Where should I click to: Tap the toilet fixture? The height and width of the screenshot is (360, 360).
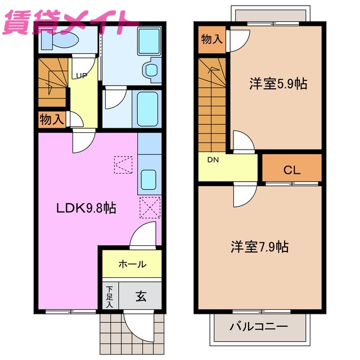[x=62, y=40]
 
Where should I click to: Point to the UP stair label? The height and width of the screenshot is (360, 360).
[x=81, y=75]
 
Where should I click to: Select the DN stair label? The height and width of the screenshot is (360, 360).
[x=213, y=160]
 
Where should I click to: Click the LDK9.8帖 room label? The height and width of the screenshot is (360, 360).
[x=85, y=208]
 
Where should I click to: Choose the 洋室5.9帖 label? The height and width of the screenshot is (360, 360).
[x=278, y=84]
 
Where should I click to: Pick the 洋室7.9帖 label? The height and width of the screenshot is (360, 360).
[x=260, y=246]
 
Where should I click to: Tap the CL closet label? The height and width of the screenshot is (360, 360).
[x=291, y=169]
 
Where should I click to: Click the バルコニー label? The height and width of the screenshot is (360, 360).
[x=259, y=327]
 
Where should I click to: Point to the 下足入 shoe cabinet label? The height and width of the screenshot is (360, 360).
[x=110, y=296]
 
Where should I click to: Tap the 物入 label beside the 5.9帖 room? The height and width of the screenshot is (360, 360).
[x=211, y=39]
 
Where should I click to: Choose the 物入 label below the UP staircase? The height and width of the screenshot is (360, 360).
[x=51, y=119]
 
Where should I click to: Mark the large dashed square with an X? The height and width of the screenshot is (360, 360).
[x=150, y=207]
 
